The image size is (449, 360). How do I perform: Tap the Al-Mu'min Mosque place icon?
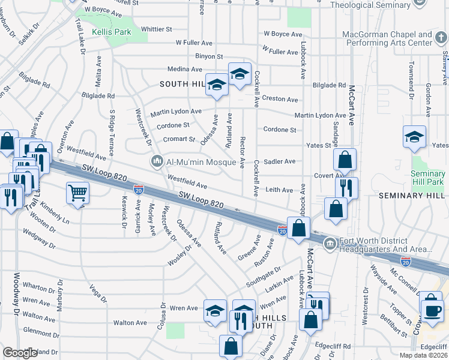point(158,161)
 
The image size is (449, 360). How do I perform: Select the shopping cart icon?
point(77,193)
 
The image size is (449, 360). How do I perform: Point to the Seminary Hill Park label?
point(428,178)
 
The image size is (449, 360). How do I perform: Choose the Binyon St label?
point(208,56)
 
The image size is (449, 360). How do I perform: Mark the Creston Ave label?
point(280,99)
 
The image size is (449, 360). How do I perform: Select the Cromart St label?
point(179,139)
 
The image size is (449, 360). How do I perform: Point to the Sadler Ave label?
point(280,161)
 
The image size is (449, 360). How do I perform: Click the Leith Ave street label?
point(280,190)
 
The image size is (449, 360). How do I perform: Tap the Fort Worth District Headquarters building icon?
point(330,244)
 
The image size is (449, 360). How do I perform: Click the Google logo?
point(20,353)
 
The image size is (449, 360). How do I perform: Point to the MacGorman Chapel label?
point(387,39)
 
